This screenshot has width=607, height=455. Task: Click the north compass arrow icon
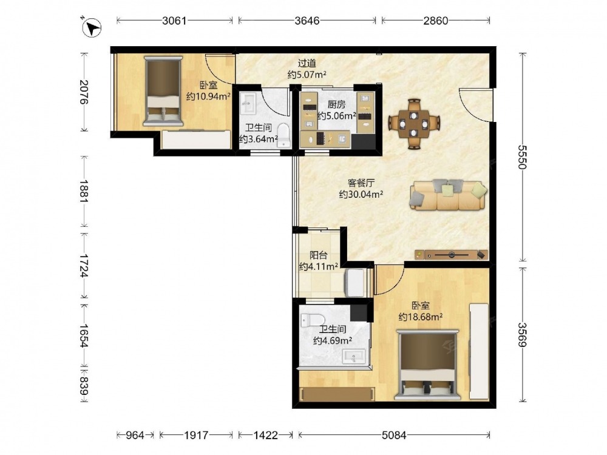(x=92, y=27)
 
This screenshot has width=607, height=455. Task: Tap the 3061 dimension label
(x=174, y=21)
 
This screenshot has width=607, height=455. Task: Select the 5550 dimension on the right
(x=522, y=157)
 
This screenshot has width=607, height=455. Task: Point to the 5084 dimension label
(x=394, y=435)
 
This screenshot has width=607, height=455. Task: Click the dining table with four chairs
(x=414, y=124)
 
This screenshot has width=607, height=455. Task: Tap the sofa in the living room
(x=449, y=195)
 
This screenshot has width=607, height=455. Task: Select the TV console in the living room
(x=451, y=255)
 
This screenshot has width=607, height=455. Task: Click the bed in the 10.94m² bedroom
(x=163, y=91)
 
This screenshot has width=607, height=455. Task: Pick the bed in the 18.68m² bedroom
(x=427, y=365)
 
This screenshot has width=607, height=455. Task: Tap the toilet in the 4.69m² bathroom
(x=312, y=320)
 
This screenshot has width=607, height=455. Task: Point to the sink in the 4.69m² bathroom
(x=354, y=357)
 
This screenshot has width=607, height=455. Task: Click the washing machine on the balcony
(x=354, y=283)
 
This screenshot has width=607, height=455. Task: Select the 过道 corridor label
(x=307, y=62)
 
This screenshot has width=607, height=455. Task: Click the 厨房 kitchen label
(x=336, y=104)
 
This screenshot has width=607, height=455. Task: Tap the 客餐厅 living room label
(x=361, y=183)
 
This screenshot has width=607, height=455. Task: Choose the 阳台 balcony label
(x=319, y=255)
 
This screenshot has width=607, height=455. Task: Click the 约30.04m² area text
(x=361, y=194)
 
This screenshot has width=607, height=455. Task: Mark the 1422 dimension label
(x=266, y=435)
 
